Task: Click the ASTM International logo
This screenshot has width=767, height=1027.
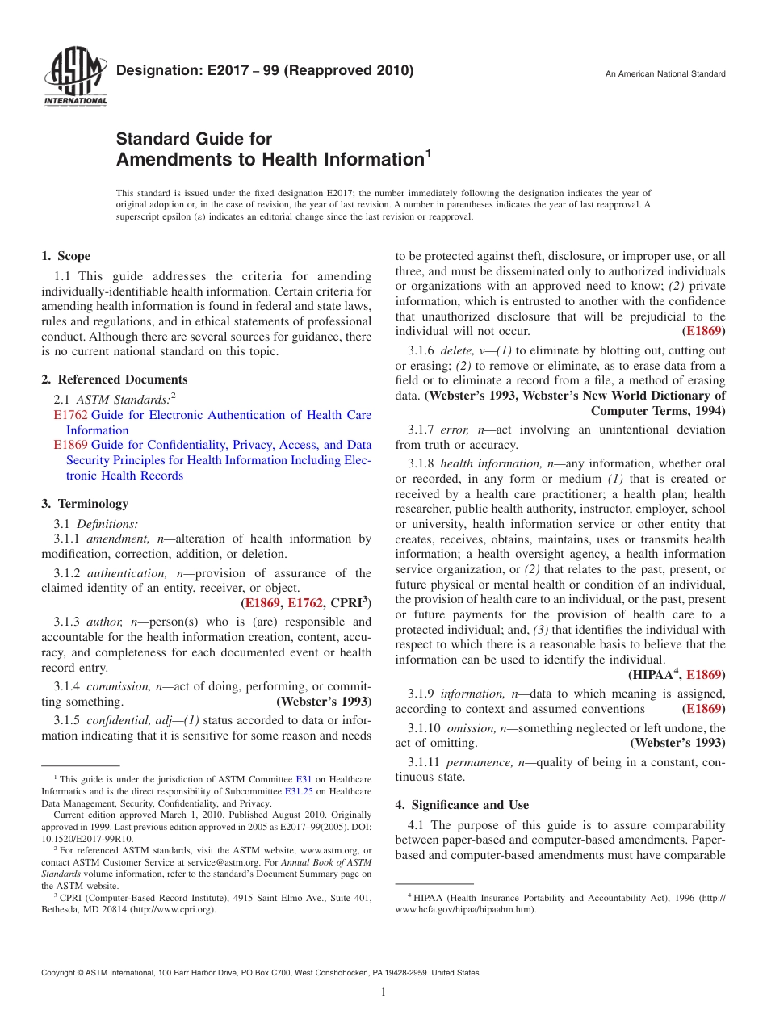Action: (75, 78)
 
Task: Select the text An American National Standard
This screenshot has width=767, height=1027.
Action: (665, 74)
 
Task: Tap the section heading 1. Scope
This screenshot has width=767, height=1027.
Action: (65, 256)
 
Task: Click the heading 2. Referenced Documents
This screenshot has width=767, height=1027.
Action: (114, 379)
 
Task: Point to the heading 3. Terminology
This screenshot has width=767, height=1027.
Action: (84, 504)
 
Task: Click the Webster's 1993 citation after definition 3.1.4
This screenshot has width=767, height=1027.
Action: (324, 702)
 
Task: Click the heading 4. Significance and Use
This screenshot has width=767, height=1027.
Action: (462, 805)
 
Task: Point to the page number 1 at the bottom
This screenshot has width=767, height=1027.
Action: (383, 992)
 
